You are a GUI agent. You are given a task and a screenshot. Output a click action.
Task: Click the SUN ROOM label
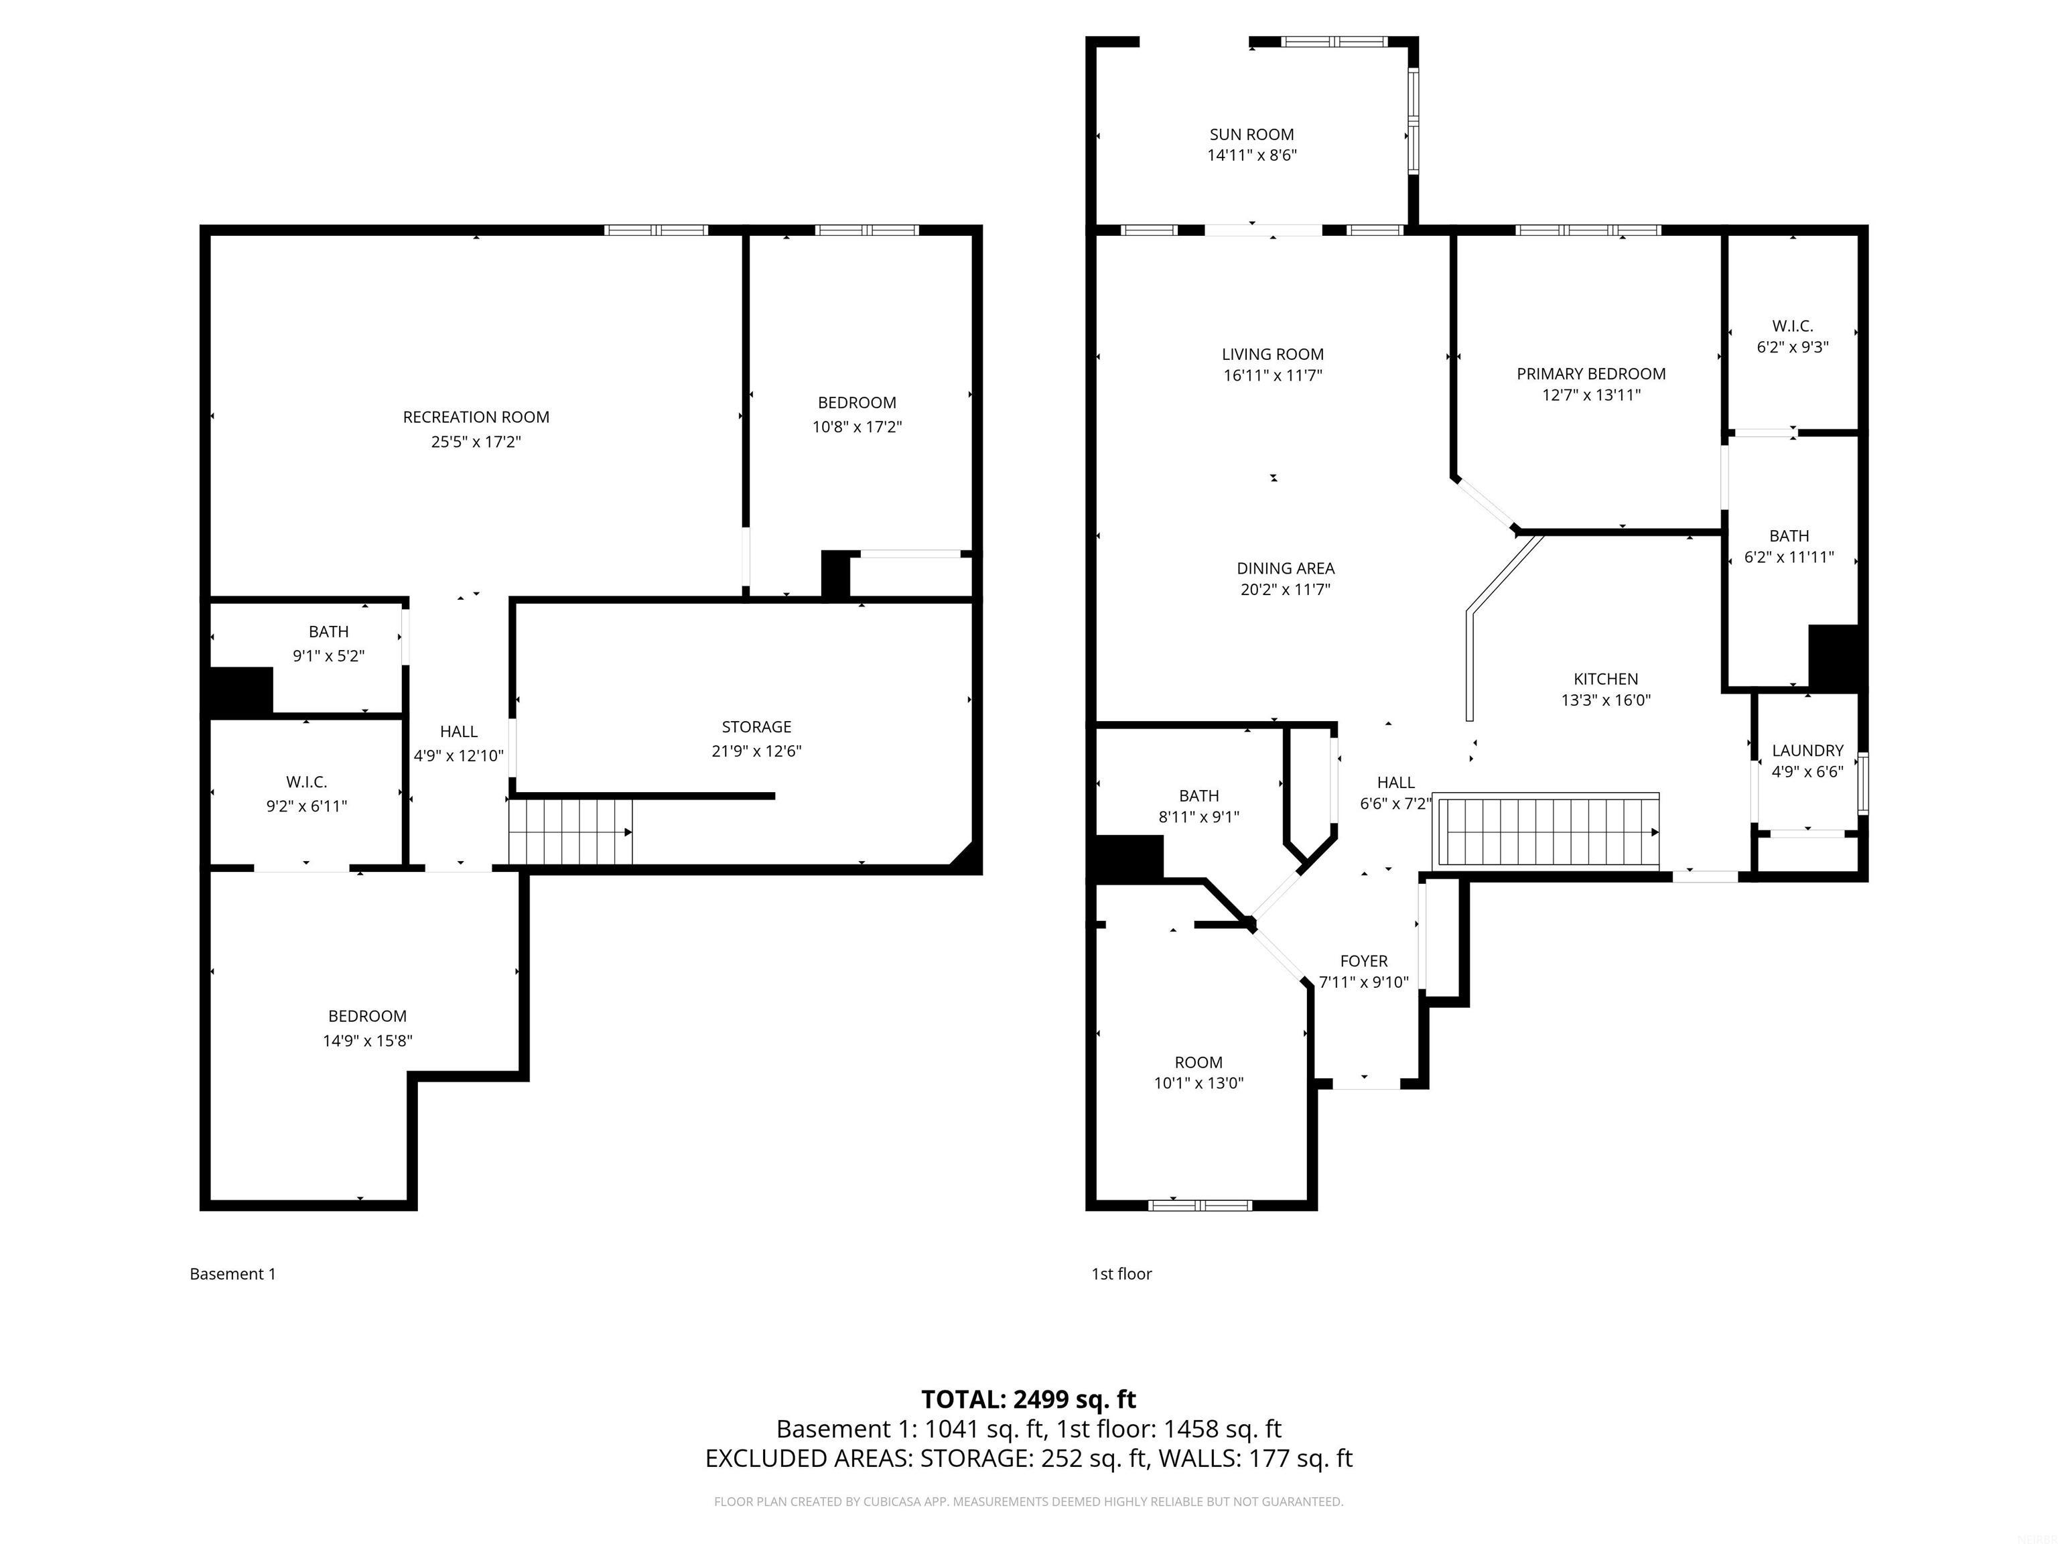pyautogui.click(x=1251, y=134)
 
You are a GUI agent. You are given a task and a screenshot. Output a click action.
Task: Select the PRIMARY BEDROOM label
pyautogui.click(x=1591, y=373)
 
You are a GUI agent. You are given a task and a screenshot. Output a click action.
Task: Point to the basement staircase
pyautogui.click(x=569, y=832)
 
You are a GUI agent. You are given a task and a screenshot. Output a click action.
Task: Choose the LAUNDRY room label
pyautogui.click(x=1807, y=750)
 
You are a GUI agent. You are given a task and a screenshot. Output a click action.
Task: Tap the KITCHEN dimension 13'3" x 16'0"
pyautogui.click(x=1606, y=700)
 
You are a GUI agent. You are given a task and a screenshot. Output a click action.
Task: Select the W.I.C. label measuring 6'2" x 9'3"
pyautogui.click(x=1792, y=326)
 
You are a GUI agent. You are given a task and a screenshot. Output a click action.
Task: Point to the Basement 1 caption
pyautogui.click(x=232, y=1273)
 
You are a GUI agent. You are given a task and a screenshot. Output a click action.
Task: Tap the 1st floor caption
pyautogui.click(x=1121, y=1273)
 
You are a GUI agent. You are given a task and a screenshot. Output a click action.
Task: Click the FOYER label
pyautogui.click(x=1363, y=960)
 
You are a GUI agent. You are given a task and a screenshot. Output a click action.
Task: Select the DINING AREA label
pyautogui.click(x=1285, y=568)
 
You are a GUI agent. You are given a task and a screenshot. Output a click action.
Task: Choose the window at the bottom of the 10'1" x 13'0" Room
pyautogui.click(x=1199, y=1205)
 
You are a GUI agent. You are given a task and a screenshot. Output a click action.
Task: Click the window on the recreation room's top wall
pyautogui.click(x=656, y=230)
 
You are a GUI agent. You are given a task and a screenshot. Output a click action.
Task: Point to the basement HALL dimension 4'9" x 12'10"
pyautogui.click(x=459, y=756)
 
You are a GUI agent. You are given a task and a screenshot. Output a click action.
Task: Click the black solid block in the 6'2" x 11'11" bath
pyautogui.click(x=1836, y=657)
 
